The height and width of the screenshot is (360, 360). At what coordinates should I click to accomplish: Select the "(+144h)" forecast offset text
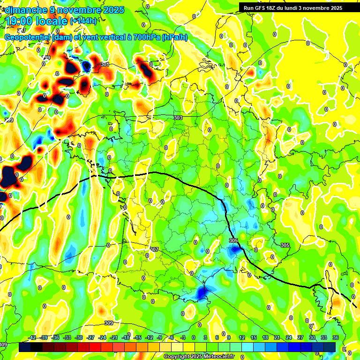(x=83, y=21)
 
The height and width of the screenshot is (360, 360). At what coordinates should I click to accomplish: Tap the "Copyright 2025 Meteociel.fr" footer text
(x=199, y=357)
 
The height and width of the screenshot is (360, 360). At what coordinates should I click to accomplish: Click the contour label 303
(x=178, y=118)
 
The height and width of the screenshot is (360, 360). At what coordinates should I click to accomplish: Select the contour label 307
(x=155, y=249)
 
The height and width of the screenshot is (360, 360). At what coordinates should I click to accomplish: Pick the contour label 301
(x=105, y=64)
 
